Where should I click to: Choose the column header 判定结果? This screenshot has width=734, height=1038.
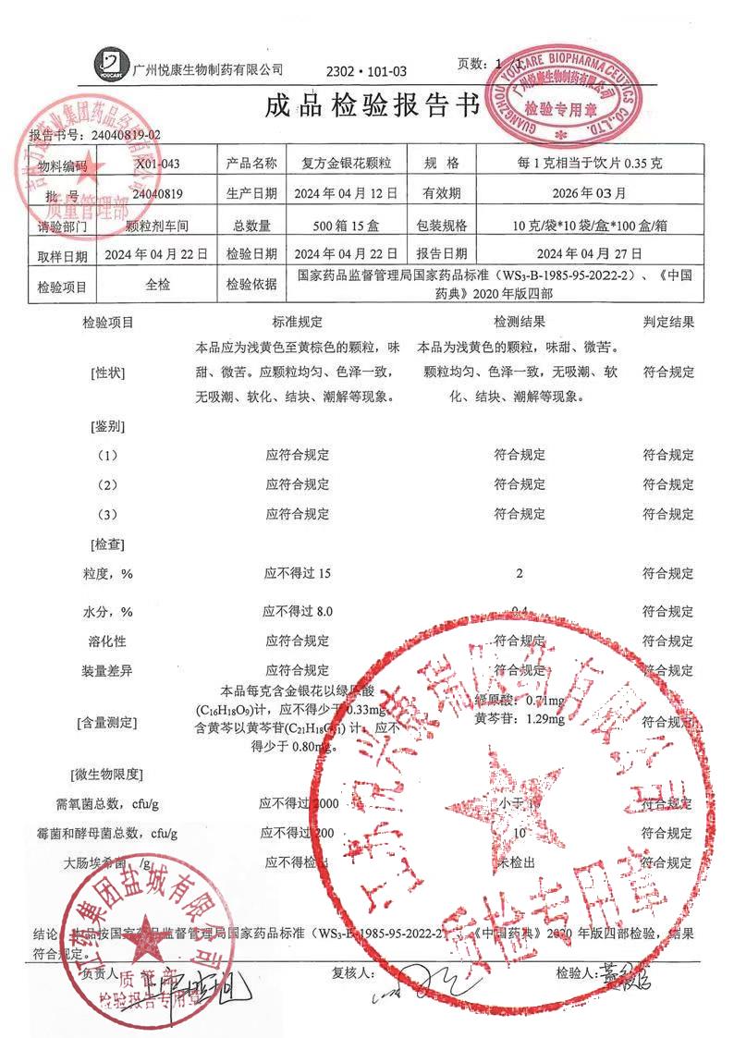(668, 323)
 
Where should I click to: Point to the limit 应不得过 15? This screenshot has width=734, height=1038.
(298, 574)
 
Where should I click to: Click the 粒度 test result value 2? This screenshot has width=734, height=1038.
(520, 574)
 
